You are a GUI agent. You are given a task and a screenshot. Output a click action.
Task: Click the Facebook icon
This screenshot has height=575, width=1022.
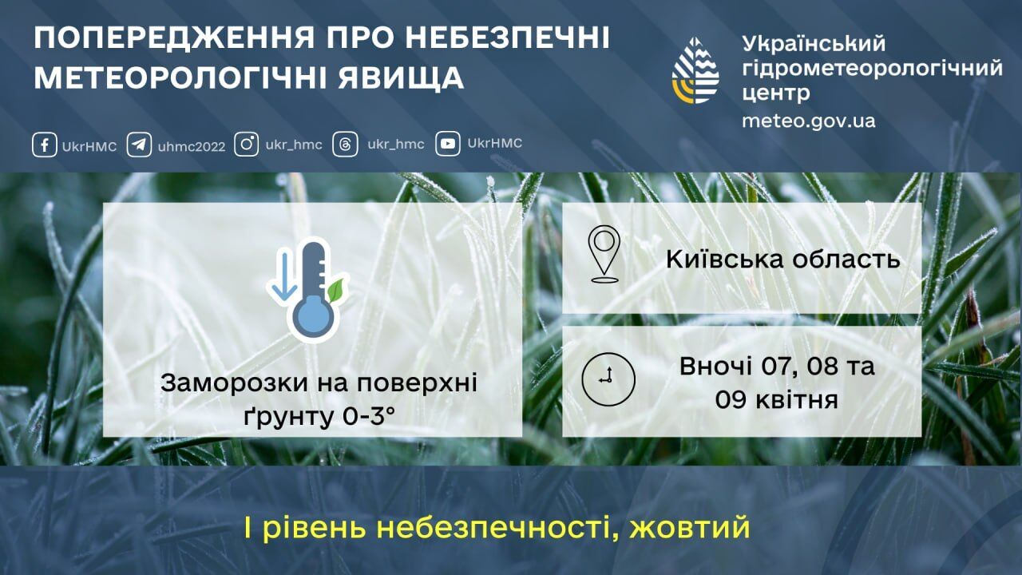pyautogui.click(x=45, y=145)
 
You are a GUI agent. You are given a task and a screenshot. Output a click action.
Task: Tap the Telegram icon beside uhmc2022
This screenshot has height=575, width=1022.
pyautogui.click(x=139, y=145)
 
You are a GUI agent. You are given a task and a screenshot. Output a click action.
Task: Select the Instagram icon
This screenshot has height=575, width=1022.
pyautogui.click(x=248, y=145)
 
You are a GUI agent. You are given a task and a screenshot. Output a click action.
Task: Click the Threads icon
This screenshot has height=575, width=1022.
pyautogui.click(x=345, y=145)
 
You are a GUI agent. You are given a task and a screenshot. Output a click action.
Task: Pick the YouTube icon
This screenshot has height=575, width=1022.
pyautogui.click(x=448, y=144)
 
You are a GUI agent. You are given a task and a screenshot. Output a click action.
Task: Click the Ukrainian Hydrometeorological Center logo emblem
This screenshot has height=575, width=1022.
pyautogui.click(x=695, y=70)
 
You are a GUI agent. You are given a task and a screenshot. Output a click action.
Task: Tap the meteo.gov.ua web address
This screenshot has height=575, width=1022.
pyautogui.click(x=808, y=121)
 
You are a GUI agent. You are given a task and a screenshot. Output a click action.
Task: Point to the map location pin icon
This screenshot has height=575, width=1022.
pyautogui.click(x=604, y=254)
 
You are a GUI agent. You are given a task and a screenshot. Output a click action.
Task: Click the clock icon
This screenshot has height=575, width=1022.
pyautogui.click(x=608, y=378)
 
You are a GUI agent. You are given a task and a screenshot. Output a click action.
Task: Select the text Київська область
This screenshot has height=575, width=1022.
pyautogui.click(x=783, y=259)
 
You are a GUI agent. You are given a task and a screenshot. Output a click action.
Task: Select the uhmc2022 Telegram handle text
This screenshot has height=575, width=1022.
pyautogui.click(x=192, y=146)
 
